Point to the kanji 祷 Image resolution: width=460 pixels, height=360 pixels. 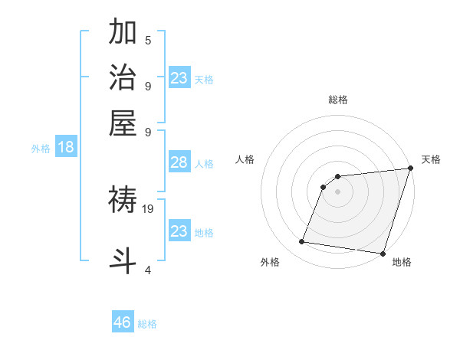123,201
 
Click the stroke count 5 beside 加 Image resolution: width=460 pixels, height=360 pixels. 148,41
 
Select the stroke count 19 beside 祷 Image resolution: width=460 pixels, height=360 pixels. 148,208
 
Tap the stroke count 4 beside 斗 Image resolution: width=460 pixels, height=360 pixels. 148,270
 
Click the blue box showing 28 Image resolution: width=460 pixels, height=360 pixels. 179,162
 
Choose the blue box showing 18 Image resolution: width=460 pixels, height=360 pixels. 66,148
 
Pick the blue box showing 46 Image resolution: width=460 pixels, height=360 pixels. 123,322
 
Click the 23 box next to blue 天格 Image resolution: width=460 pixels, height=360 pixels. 179,78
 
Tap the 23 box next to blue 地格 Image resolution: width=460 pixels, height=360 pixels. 179,231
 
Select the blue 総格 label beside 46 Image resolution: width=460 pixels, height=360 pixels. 147,324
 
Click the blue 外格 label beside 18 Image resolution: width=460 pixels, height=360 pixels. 41,149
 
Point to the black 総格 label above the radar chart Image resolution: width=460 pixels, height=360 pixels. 338,100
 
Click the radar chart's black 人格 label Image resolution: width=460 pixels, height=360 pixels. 245,159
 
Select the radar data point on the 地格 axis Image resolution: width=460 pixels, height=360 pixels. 382,253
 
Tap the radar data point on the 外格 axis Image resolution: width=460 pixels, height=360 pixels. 302,242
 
